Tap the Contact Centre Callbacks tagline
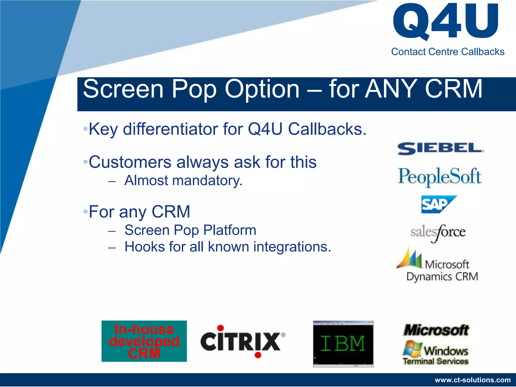447,52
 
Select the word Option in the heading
262,89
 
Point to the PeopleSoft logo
439,177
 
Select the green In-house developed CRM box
144,341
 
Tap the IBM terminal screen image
343,344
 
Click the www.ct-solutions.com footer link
472,380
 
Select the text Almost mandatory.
183,181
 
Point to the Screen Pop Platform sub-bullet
190,230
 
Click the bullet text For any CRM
139,212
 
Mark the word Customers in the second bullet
130,162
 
